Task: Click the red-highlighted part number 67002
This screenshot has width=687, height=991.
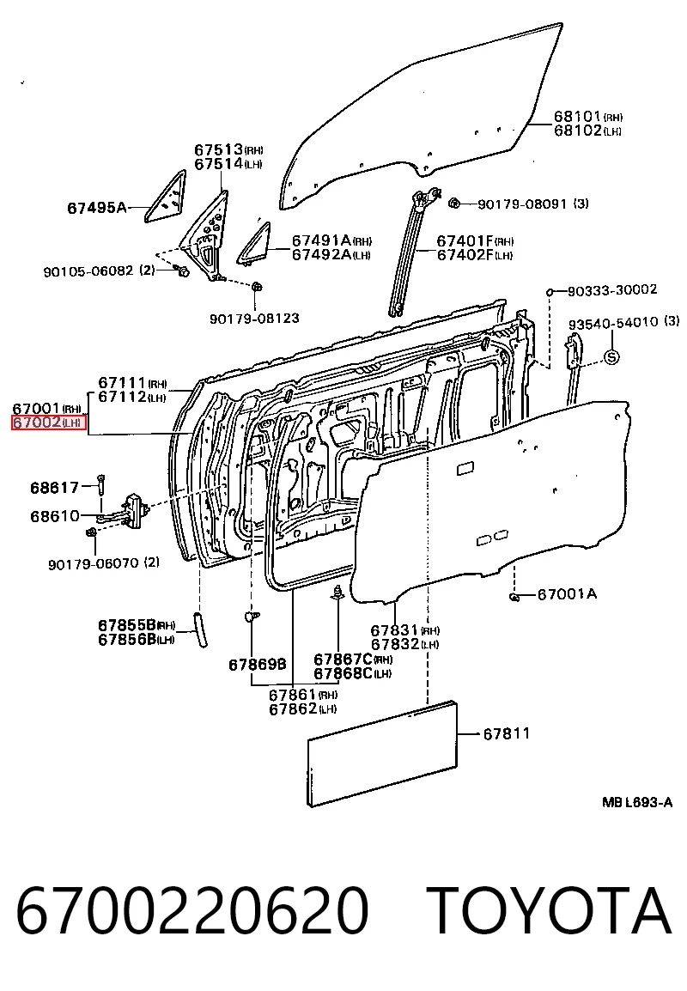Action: (x=37, y=423)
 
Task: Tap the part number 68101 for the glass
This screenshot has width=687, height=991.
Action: (x=577, y=116)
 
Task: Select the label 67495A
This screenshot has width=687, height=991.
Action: (x=97, y=207)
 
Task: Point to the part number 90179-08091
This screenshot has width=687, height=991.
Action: (x=522, y=204)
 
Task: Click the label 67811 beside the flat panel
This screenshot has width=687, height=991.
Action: (x=507, y=733)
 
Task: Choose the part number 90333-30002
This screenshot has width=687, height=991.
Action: (x=612, y=290)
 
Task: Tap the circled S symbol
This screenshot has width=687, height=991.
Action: (x=611, y=356)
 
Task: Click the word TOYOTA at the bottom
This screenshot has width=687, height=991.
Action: (x=548, y=911)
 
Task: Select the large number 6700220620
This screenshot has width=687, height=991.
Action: (x=192, y=911)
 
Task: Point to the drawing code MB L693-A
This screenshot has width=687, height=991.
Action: (x=636, y=803)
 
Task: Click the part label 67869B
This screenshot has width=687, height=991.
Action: (x=258, y=665)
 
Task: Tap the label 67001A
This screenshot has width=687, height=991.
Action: (x=567, y=594)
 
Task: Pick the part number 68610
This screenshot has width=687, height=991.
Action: (x=55, y=516)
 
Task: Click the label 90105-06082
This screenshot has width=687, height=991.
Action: (x=88, y=271)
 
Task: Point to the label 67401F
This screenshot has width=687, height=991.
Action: (x=465, y=240)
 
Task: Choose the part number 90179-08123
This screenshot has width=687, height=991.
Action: (x=255, y=318)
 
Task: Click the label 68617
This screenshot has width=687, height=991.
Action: (x=55, y=488)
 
